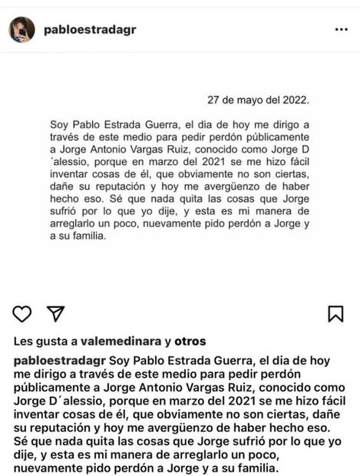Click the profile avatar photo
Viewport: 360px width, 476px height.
coord(21,29)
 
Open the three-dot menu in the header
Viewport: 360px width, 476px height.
coord(341,29)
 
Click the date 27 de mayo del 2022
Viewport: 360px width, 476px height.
coord(258,100)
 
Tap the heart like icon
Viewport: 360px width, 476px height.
coord(22,313)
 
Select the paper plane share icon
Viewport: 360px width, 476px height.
coord(55,313)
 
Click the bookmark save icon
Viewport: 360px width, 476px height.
coord(335,313)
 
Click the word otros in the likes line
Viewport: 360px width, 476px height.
coord(190,342)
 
